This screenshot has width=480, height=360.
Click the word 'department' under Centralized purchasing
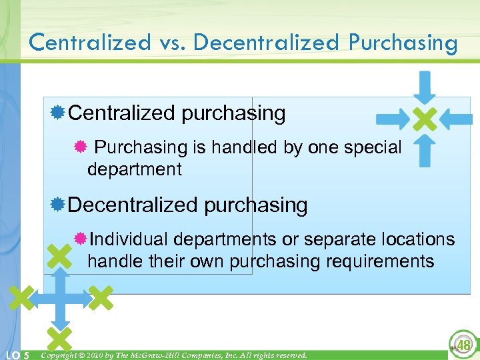coord(134,169)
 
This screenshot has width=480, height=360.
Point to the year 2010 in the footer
coord(93,355)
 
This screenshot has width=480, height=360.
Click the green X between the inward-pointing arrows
coord(425,120)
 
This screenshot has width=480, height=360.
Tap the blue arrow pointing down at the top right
coord(424,86)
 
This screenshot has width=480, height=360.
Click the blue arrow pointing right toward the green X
coord(393,120)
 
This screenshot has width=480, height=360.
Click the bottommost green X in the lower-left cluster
coord(59,337)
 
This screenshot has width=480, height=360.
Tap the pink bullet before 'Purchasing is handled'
coord(79,147)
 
